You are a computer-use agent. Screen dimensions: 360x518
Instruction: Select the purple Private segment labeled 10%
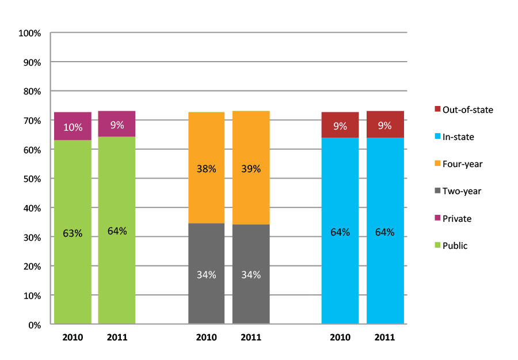[73, 126]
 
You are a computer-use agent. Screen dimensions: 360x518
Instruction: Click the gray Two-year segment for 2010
[206, 274]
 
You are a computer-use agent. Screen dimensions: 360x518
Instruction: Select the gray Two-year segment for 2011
[251, 274]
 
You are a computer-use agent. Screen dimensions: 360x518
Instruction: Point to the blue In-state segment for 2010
[340, 232]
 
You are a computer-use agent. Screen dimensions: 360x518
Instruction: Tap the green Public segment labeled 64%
[117, 230]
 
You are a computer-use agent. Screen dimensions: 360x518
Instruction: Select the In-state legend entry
[458, 137]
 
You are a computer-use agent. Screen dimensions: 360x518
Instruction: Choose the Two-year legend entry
[462, 191]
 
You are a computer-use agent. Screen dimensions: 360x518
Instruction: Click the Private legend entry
[456, 218]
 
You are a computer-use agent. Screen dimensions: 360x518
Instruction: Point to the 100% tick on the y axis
[30, 33]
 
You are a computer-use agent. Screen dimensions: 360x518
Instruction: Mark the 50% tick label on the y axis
[32, 179]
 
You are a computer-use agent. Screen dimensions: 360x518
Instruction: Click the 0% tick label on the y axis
[34, 325]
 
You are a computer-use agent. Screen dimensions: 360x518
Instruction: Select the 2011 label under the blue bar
[385, 338]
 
